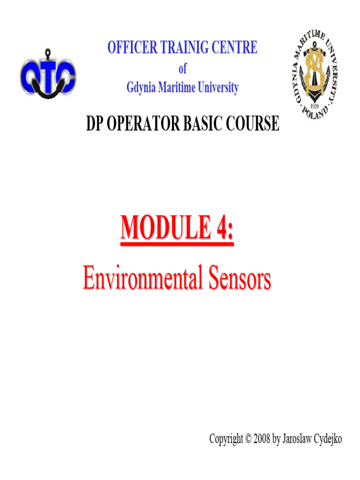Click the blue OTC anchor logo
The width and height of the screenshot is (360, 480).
tap(48, 75)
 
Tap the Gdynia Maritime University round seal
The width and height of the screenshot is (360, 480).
tap(315, 75)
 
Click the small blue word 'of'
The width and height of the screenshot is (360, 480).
tap(182, 68)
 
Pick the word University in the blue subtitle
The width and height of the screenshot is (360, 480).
tap(218, 88)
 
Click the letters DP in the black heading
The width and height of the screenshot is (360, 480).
tap(94, 123)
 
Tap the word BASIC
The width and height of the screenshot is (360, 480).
tap(202, 123)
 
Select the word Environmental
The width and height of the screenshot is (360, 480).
tap(142, 278)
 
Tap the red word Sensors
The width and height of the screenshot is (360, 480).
tap(240, 278)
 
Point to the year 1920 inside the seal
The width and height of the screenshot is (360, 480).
tap(315, 106)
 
